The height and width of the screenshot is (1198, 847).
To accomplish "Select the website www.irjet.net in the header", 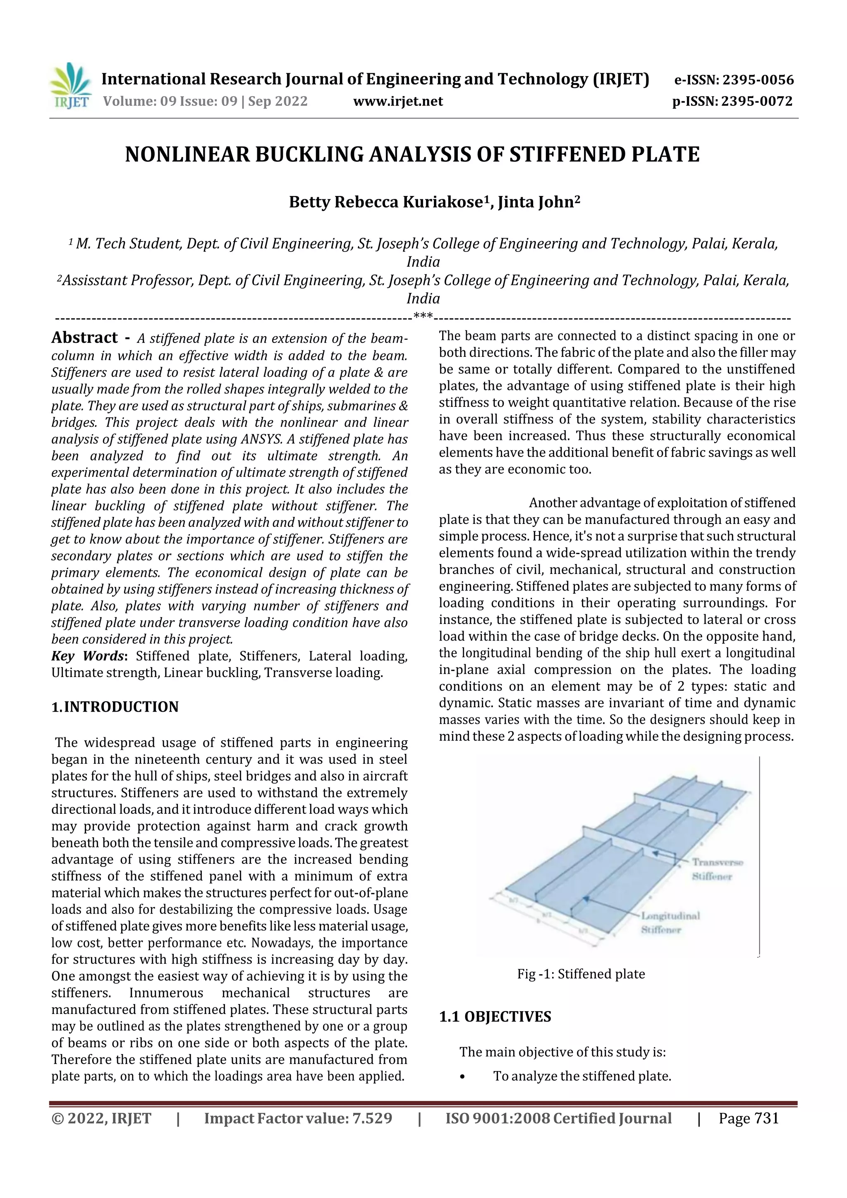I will point(398,101).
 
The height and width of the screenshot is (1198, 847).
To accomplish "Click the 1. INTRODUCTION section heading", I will point(115,707).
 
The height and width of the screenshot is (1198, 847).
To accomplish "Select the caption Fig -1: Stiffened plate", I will point(581,974).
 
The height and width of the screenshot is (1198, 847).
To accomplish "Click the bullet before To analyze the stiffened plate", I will point(462,1076).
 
